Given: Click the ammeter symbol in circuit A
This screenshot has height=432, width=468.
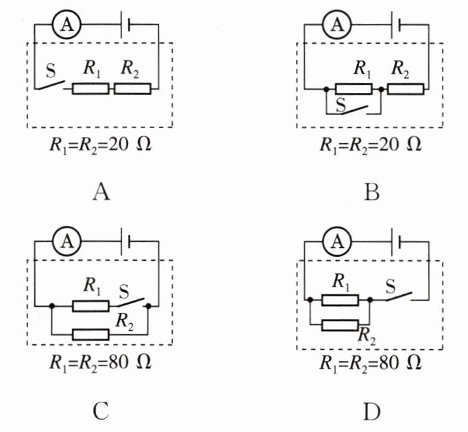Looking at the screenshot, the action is tap(66, 25).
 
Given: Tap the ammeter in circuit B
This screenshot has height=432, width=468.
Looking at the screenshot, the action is tap(337, 25).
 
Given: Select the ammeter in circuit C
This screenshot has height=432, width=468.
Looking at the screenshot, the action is tap(66, 241).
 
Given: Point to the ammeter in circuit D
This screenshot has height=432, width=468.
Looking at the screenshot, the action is tap(337, 241).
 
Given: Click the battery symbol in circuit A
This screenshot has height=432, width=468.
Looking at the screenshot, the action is tap(125, 25).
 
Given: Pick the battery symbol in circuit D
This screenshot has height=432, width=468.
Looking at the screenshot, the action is tap(395, 241).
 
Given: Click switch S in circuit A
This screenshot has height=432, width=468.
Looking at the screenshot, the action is tap(51, 85).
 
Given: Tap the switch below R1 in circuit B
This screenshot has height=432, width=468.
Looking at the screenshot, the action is tap(355, 110).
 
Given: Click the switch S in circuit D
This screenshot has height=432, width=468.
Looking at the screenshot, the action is tap(399, 296).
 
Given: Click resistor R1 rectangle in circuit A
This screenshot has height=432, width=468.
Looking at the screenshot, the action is tap(90, 89).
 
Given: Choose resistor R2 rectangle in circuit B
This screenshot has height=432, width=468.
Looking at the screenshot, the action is tap(406, 89).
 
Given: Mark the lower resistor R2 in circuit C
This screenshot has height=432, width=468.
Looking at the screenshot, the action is tap(90, 335).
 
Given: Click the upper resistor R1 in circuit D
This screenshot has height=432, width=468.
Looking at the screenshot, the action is tap(340, 300).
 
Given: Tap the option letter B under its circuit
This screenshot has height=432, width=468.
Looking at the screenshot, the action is tap(372, 192).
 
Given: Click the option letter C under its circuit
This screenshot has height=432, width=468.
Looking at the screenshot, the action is tap(101, 411).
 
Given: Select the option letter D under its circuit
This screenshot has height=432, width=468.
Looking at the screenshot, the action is tap(372, 411).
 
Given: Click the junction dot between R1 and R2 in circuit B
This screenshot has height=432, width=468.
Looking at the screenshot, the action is tap(381, 89).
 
